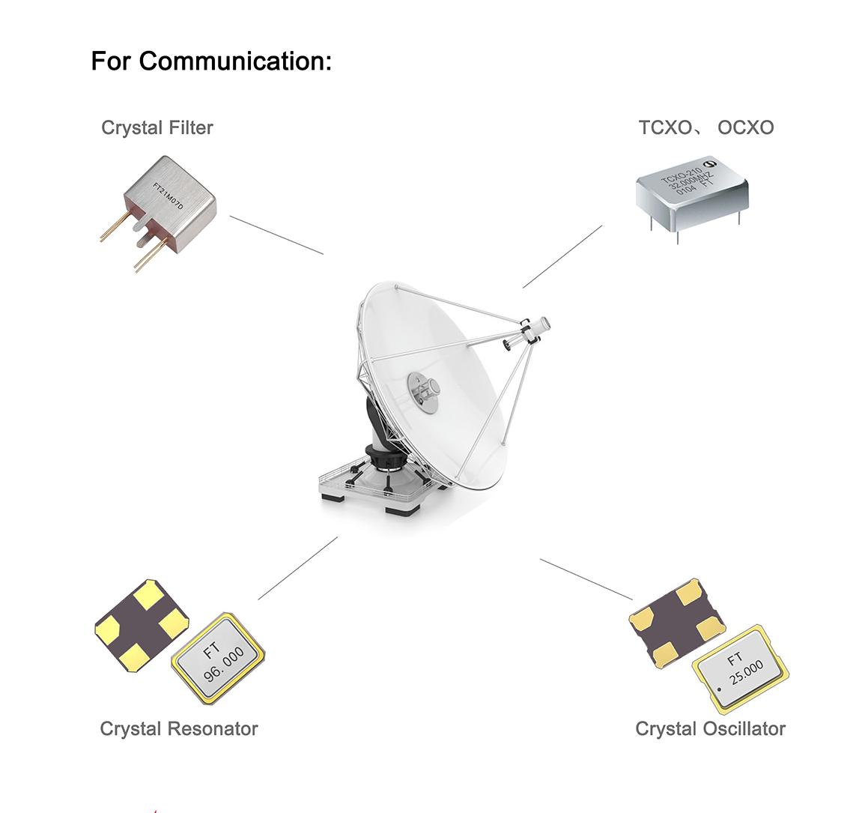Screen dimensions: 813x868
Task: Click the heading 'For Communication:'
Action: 210,61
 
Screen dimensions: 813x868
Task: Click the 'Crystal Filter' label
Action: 157,128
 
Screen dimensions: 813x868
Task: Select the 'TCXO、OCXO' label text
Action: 705,128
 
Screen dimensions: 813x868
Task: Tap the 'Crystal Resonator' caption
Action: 178,728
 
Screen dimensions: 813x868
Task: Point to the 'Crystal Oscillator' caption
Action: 710,728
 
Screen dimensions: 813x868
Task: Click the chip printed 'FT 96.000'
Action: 219,659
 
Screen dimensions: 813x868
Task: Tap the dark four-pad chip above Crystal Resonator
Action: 142,624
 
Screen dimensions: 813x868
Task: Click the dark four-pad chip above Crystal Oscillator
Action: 676,622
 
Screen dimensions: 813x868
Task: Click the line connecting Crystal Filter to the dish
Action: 276,235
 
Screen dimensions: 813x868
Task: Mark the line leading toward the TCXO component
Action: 562,256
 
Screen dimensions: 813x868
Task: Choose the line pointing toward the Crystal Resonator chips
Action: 297,568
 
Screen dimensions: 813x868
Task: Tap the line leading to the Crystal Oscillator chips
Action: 586,579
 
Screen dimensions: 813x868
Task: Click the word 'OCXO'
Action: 745,128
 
